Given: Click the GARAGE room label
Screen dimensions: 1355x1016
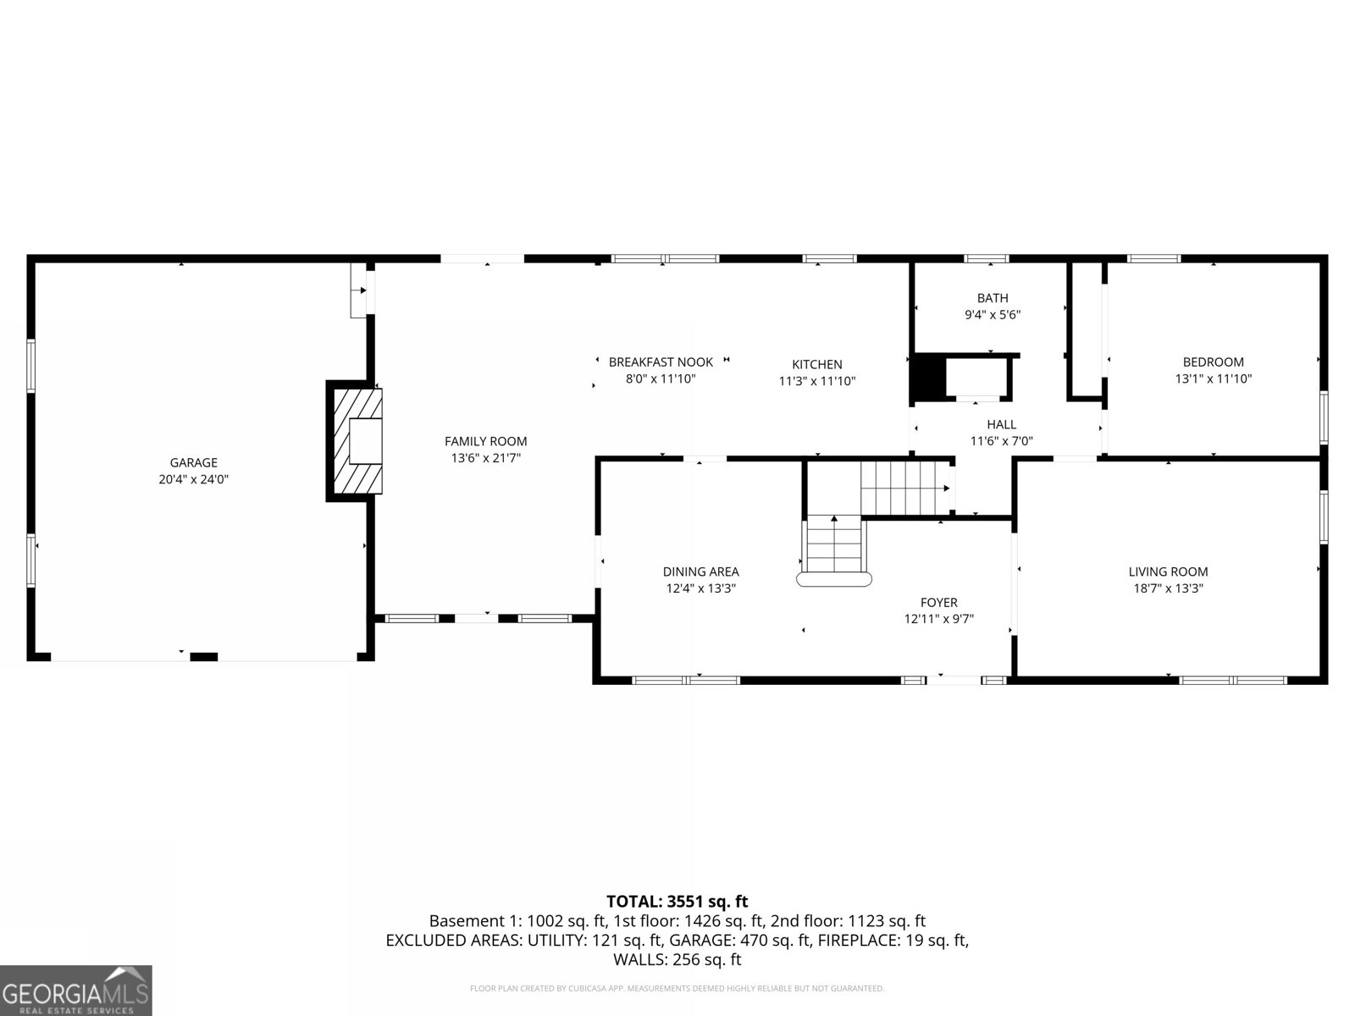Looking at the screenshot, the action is (x=194, y=462).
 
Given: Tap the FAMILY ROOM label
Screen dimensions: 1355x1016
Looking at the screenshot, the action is (x=486, y=442).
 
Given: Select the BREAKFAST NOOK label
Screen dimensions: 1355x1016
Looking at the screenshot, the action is (x=661, y=362).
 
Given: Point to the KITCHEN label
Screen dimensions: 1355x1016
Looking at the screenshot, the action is (x=816, y=365).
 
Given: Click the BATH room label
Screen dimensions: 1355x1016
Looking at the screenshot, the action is (x=993, y=299).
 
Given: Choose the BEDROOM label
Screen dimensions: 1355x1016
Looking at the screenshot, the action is (x=1213, y=362).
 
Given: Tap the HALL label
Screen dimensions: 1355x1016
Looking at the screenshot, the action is (x=1001, y=424).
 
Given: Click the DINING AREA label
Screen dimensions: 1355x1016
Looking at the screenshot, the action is (x=700, y=571).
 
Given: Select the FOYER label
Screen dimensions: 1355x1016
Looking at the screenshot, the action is (x=939, y=603).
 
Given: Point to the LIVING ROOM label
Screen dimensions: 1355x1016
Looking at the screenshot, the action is (x=1168, y=571).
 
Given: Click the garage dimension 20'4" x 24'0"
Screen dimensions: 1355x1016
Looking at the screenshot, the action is (x=194, y=479).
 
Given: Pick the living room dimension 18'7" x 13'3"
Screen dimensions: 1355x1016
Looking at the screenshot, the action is (x=1168, y=588).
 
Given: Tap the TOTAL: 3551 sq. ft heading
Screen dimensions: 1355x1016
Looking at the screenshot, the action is (x=677, y=902).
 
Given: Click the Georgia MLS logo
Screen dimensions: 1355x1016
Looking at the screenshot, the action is (x=76, y=990).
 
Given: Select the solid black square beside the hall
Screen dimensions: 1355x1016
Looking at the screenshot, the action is (x=929, y=378).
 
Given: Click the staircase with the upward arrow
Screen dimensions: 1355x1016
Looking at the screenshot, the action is (x=834, y=549).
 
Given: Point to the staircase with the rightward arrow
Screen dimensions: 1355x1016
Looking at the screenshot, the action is (x=905, y=488).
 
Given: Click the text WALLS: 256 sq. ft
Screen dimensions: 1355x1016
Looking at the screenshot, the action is (x=677, y=960).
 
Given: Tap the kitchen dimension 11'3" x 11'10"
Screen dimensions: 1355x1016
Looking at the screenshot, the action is (x=816, y=381).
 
